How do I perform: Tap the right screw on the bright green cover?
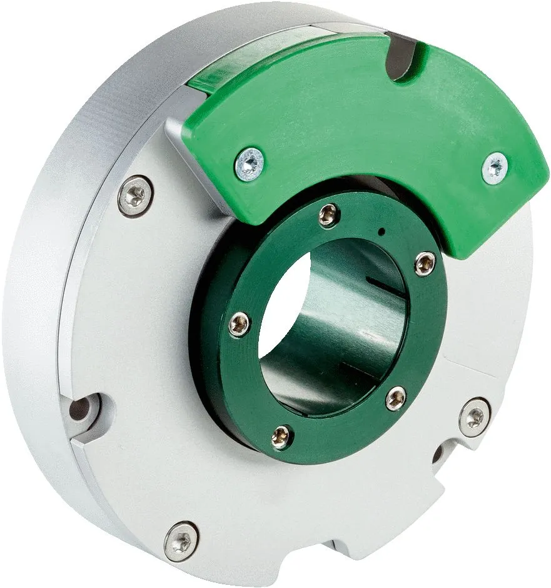(495, 166)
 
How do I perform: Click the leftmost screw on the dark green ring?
(238, 323)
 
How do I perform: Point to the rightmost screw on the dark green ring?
(424, 263)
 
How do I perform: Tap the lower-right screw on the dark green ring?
(395, 398)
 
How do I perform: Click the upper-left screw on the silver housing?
(134, 196)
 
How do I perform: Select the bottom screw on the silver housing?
(181, 536)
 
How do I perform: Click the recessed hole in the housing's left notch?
(81, 410)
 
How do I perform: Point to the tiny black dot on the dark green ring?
(380, 233)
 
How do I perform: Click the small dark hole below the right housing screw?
(438, 454)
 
